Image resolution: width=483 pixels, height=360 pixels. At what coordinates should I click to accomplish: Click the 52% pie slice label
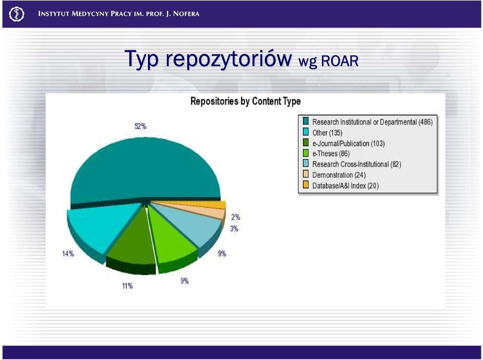point(140,126)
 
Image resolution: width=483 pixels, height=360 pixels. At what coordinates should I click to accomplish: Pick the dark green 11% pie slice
point(132,243)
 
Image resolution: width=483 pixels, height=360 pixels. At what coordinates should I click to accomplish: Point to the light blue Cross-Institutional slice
point(191,223)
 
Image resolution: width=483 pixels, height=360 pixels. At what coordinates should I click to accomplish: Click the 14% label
point(68,254)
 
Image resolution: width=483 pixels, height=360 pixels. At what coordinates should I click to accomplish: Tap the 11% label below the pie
point(127,286)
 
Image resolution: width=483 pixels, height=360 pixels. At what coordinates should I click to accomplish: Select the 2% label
point(235,217)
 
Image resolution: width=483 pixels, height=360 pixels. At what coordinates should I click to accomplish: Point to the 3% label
point(234,228)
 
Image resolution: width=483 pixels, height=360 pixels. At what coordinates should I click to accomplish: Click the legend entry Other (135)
point(327,133)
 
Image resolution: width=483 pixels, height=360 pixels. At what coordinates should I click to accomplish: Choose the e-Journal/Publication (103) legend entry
point(348,143)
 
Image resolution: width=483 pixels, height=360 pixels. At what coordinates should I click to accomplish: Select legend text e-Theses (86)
point(331,154)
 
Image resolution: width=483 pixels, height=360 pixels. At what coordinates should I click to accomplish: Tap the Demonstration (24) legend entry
point(339,175)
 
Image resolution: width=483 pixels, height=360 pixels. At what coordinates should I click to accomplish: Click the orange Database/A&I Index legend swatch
point(305,185)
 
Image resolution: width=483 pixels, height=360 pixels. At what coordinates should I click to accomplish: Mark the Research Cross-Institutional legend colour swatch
point(305,163)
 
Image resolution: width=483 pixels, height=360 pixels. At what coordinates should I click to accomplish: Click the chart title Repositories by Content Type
point(246,102)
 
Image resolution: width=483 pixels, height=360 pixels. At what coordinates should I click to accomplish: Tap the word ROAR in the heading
point(340,61)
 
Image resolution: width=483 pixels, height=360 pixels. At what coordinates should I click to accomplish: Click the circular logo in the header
point(17,14)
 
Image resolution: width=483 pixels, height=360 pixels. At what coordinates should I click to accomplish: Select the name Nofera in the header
point(186,14)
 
